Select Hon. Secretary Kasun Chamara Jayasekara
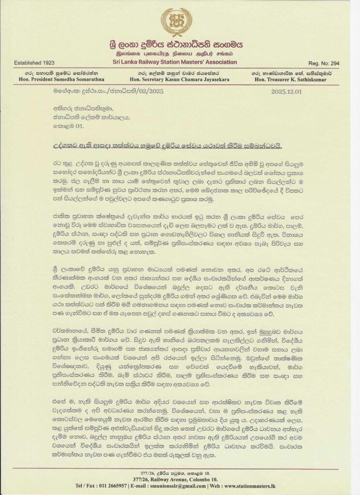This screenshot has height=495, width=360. click(x=180, y=78)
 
